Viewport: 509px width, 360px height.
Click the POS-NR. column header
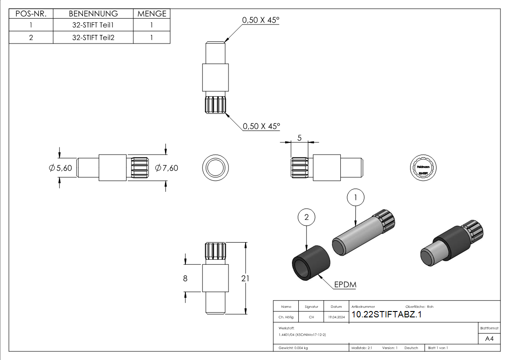pos(31,14)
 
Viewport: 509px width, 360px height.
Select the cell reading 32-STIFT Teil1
pos(93,25)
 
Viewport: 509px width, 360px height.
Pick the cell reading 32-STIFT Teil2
pos(93,37)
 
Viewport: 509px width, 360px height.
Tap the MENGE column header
pos(151,14)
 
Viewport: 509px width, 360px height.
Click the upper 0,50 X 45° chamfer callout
pos(261,20)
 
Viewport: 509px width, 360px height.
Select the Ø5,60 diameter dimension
pos(61,168)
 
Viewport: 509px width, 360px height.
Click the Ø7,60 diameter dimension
pos(166,168)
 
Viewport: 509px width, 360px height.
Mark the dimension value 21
pos(245,278)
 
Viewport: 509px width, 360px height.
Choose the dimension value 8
pos(185,278)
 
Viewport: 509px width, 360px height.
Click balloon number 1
pos(356,197)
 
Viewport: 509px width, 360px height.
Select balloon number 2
pos(306,218)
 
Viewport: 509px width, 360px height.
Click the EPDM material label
pos(345,285)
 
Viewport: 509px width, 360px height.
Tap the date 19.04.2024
pos(336,317)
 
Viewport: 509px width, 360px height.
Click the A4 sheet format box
pos(489,338)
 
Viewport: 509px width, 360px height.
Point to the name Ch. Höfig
pos(286,317)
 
